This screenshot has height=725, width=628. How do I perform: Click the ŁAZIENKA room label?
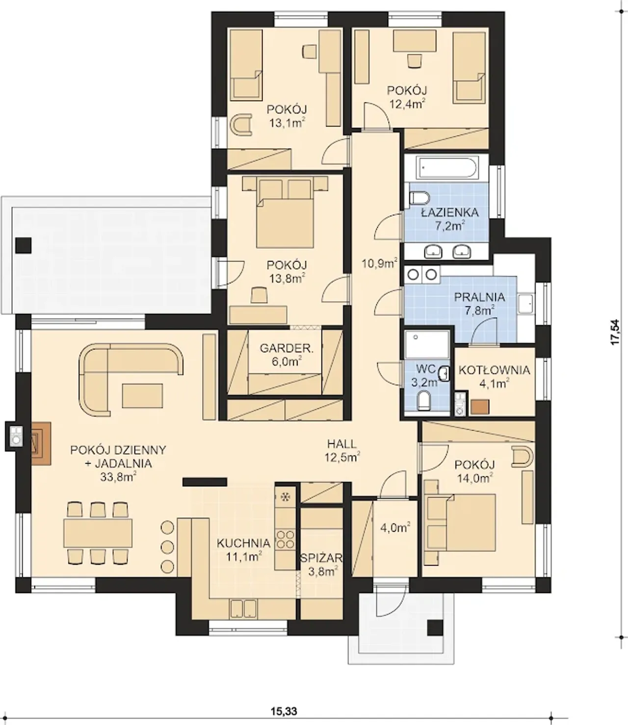tap(450, 212)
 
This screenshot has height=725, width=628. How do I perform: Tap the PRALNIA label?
tap(480, 297)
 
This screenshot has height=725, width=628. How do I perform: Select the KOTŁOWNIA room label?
tap(495, 370)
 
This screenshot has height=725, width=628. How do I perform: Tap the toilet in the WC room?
tap(424, 401)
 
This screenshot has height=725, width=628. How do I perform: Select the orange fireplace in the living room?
tap(41, 444)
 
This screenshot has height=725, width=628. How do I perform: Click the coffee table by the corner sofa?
tap(142, 395)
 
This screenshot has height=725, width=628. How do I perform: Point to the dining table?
tap(98, 533)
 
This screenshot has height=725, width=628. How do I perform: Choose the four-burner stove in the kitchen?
tap(285, 539)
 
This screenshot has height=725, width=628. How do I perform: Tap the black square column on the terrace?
tap(23, 246)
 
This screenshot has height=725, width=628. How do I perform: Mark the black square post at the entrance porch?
tap(435, 628)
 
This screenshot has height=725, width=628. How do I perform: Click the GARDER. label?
tap(287, 348)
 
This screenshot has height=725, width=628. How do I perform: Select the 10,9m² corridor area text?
tap(380, 263)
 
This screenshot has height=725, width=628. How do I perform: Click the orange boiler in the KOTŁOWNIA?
tap(480, 408)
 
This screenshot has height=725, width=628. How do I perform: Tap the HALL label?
tap(341, 444)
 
